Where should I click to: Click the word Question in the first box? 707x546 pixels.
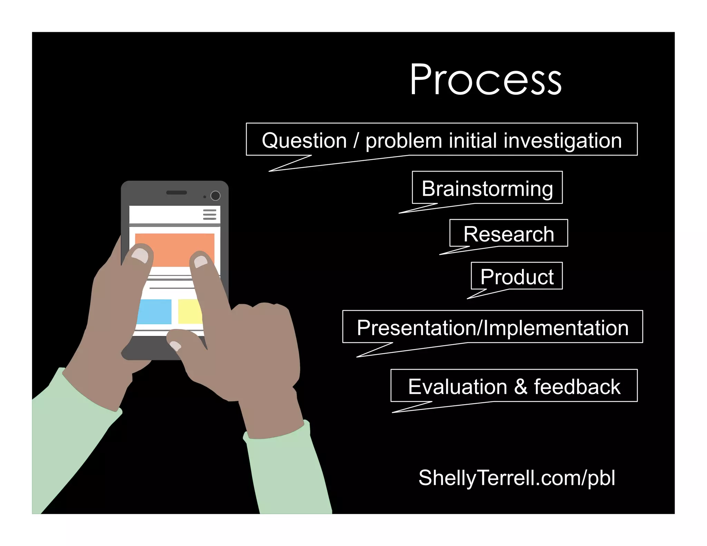[304, 140]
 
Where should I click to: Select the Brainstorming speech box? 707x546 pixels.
[487, 188]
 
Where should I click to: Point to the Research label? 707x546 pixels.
[509, 234]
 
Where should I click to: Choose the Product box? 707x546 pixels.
[517, 276]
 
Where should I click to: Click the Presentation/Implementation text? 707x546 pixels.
[493, 328]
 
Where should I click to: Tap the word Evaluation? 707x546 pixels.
[457, 386]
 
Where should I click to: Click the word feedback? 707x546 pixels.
[577, 386]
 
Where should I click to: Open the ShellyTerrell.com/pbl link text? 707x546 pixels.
[516, 478]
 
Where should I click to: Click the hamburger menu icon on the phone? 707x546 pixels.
[210, 214]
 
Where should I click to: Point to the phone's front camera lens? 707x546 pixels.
[215, 196]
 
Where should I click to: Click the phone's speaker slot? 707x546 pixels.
[176, 193]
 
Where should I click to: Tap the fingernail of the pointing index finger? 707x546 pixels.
[201, 261]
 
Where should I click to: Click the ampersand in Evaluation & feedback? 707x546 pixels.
[521, 386]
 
